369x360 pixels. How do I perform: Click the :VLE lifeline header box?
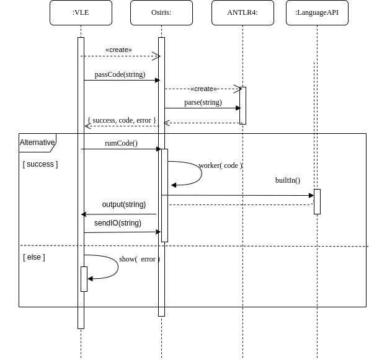click(x=81, y=12)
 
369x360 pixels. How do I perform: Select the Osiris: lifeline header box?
click(x=161, y=12)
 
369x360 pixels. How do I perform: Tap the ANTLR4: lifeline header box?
click(x=242, y=12)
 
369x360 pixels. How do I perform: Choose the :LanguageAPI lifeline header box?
click(x=317, y=12)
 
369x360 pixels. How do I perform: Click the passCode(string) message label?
click(x=120, y=74)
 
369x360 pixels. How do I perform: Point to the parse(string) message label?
click(x=203, y=102)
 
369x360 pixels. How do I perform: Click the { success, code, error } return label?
click(x=122, y=120)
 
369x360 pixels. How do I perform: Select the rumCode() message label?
click(x=121, y=143)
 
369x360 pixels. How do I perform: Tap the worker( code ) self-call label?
click(x=221, y=165)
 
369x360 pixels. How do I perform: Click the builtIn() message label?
click(x=288, y=180)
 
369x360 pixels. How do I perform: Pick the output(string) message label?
click(x=124, y=204)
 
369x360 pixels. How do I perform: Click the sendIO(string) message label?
click(x=118, y=223)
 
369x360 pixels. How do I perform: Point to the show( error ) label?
click(x=140, y=259)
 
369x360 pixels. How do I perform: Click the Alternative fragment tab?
click(x=37, y=143)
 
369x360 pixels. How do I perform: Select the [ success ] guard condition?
click(x=40, y=164)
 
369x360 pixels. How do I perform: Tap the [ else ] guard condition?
click(x=34, y=257)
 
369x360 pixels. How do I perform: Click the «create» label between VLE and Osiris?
click(x=118, y=50)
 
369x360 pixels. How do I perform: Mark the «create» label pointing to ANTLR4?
click(x=203, y=89)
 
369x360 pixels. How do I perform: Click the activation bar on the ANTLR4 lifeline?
click(x=242, y=105)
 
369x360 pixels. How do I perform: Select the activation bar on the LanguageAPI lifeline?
click(x=317, y=201)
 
